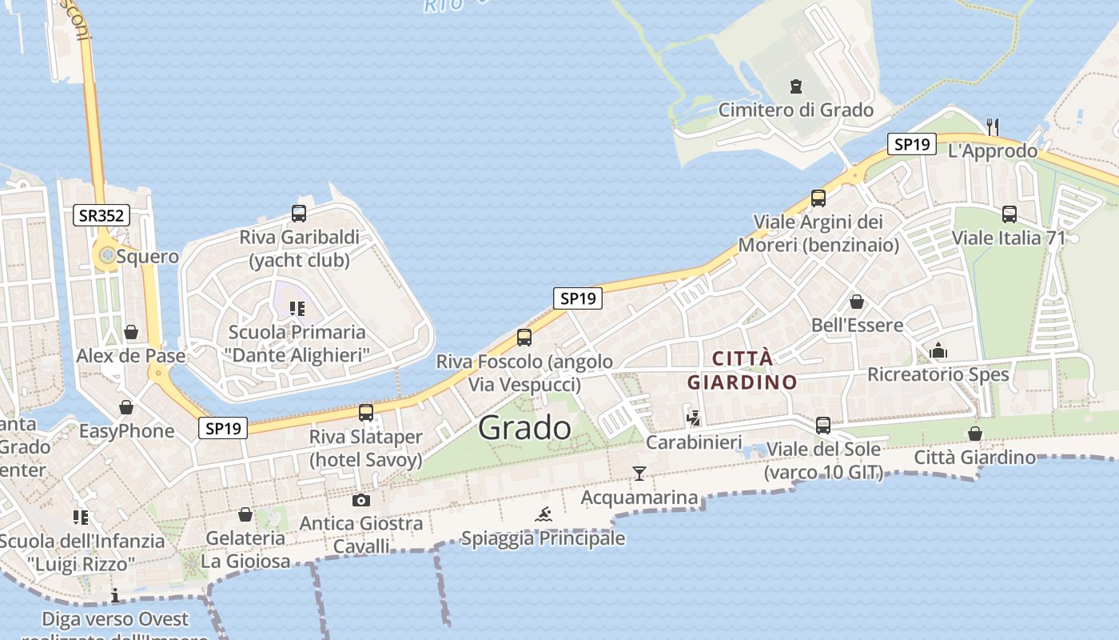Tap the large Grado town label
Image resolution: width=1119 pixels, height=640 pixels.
524,428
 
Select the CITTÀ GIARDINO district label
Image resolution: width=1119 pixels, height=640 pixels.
743,370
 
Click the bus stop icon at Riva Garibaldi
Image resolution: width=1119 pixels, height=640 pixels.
299,214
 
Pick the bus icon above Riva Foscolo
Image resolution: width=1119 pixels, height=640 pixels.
524,338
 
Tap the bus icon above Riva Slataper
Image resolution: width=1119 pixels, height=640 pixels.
366,413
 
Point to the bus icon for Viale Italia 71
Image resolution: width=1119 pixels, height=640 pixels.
1009,214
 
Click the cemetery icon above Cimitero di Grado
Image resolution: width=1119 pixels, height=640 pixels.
795,86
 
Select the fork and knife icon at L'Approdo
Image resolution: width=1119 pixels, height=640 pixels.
993,126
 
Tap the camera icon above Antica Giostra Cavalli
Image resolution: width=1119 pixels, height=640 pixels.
361,501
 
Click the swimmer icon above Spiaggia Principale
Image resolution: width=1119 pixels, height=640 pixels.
544,514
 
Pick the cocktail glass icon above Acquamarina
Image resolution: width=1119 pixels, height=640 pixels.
639,474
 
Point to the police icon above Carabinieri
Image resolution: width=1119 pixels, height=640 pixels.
694,418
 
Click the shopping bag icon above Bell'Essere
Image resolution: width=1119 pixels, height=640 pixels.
857,302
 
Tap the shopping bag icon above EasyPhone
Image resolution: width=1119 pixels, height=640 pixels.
126,408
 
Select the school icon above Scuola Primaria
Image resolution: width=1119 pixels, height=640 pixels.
297,309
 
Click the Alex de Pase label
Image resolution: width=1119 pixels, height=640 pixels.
131,356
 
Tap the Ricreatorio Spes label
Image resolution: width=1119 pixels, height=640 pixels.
938,374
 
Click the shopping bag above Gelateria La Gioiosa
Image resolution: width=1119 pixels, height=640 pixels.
245,514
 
